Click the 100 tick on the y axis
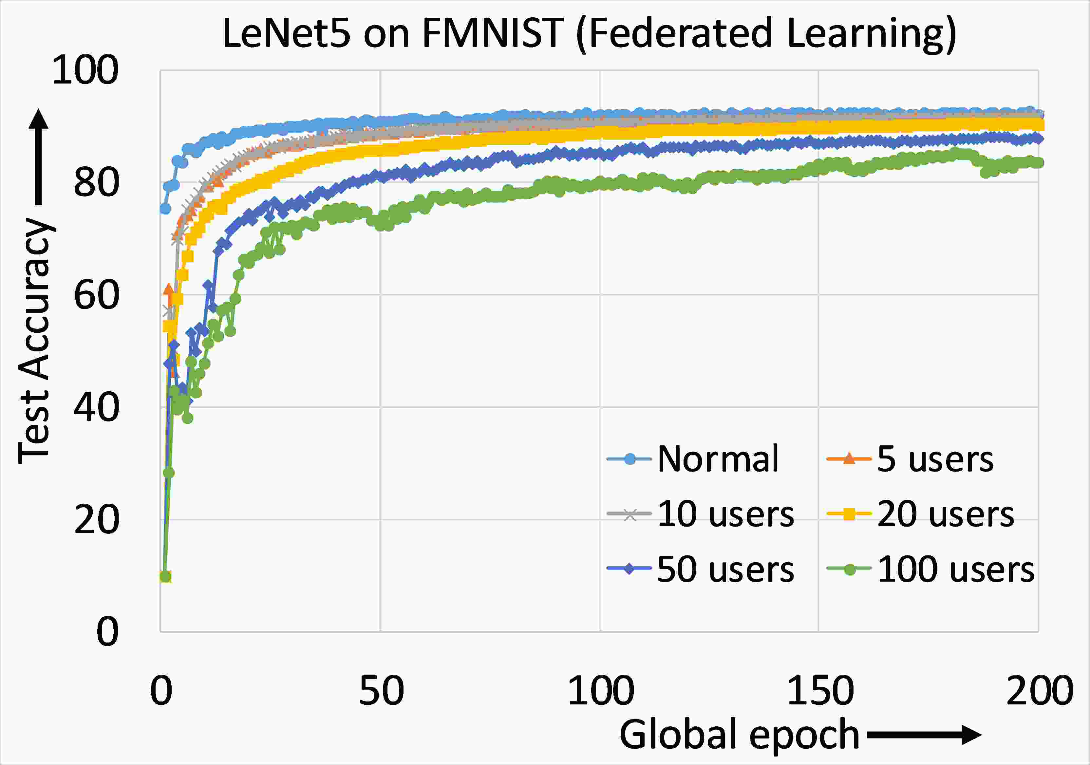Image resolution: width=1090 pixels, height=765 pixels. pyautogui.click(x=85, y=70)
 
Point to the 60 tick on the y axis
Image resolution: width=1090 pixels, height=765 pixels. pyautogui.click(x=96, y=295)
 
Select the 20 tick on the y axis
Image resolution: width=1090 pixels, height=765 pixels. pyautogui.click(x=96, y=520)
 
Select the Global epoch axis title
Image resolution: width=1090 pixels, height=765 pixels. pyautogui.click(x=739, y=734)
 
